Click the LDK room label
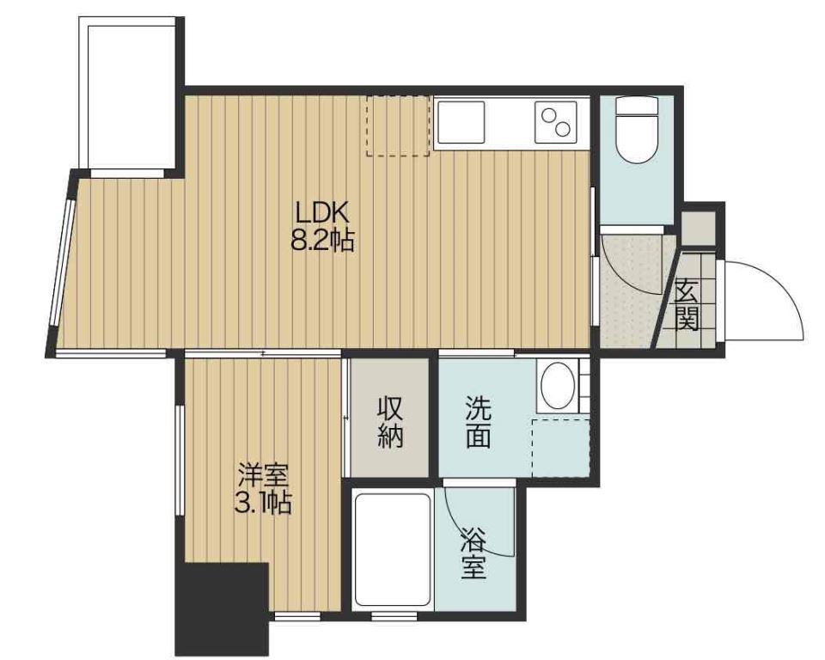(x=322, y=213)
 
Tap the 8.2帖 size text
(x=322, y=241)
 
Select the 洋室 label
(x=263, y=476)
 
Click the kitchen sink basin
(x=461, y=122)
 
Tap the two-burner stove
(x=556, y=122)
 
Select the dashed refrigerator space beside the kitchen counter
(x=398, y=125)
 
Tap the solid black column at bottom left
(x=222, y=609)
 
